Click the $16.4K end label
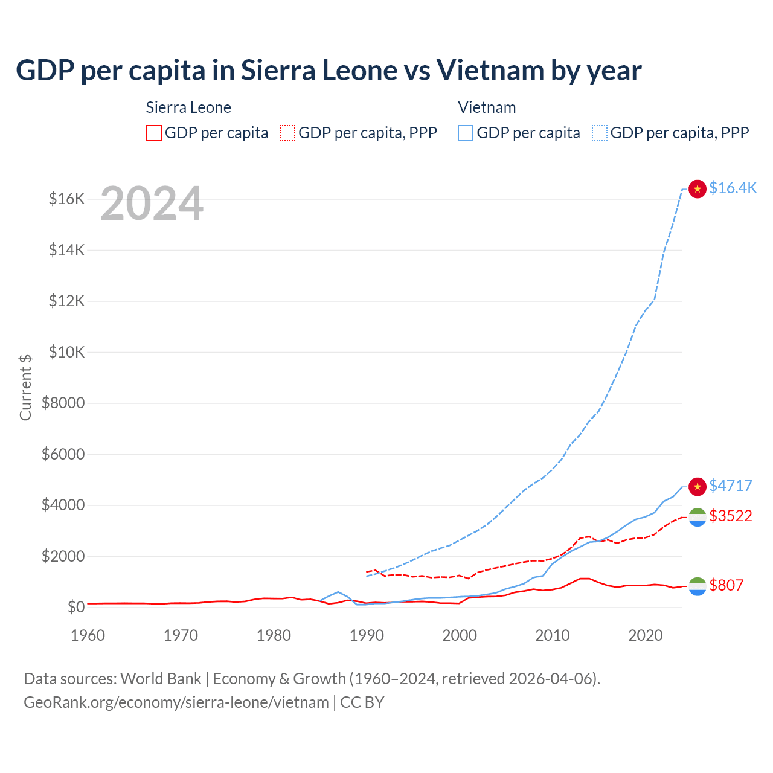point(733,188)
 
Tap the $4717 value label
point(731,486)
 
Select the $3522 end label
point(731,516)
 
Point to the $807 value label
point(726,585)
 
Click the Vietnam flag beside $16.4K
point(698,189)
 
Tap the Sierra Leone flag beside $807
point(698,586)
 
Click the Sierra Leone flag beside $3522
point(698,517)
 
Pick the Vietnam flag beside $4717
point(698,486)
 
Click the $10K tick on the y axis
point(66,352)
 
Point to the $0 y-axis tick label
point(75,607)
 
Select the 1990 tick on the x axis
point(367,635)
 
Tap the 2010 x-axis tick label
point(553,635)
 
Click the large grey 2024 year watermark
point(152,204)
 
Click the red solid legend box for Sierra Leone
point(154,133)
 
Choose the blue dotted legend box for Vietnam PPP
point(600,133)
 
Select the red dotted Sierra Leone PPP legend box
point(287,133)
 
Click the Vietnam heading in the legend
point(487,107)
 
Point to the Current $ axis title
point(25,387)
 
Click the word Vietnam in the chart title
point(489,70)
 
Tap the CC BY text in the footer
point(362,702)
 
